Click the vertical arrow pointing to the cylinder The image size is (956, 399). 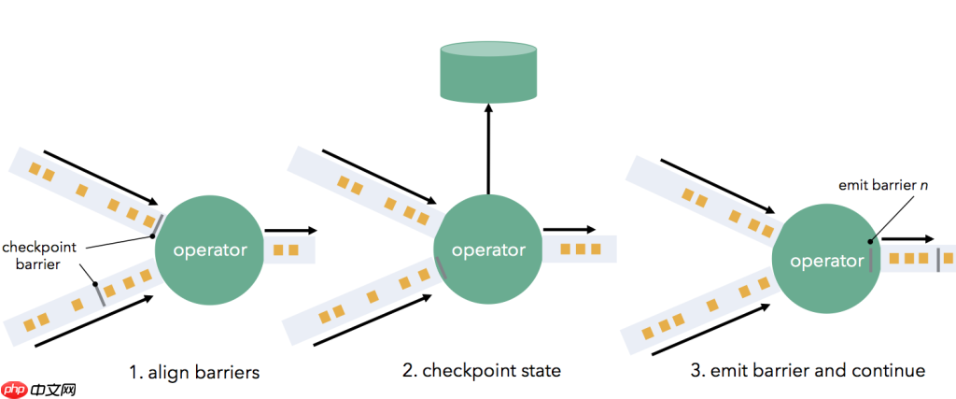point(486,150)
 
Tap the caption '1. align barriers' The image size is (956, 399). point(193,371)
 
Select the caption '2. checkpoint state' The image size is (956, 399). point(482,371)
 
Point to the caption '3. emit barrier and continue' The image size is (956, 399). point(808,371)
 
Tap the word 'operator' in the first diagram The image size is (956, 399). point(210,250)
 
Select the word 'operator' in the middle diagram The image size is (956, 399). point(488,250)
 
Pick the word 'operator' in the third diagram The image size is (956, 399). point(827,262)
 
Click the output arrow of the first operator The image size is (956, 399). point(290,230)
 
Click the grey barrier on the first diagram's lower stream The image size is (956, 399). point(97,292)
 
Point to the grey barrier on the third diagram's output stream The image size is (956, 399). point(938,259)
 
